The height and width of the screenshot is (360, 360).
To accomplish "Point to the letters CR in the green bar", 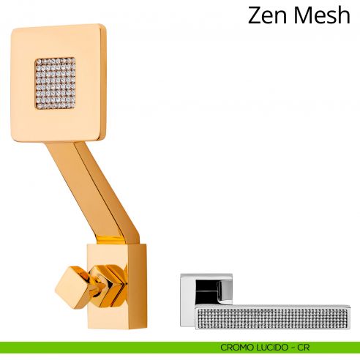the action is point(303,348).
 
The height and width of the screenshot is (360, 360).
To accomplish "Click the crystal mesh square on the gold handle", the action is point(56,83).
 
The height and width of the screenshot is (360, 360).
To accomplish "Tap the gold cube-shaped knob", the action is point(72,287).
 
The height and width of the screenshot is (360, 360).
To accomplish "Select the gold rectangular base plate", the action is point(117,286).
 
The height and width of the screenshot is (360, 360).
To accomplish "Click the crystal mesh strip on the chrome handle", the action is point(273,318).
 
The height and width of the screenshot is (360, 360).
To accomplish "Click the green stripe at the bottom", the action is point(180,348).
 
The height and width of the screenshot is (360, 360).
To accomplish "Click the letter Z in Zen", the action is point(255,15).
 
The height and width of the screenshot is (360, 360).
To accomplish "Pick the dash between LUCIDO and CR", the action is point(293,348).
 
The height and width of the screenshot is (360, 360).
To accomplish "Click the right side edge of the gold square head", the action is point(103,82).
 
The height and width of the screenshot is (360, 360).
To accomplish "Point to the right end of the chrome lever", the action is point(349,317).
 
